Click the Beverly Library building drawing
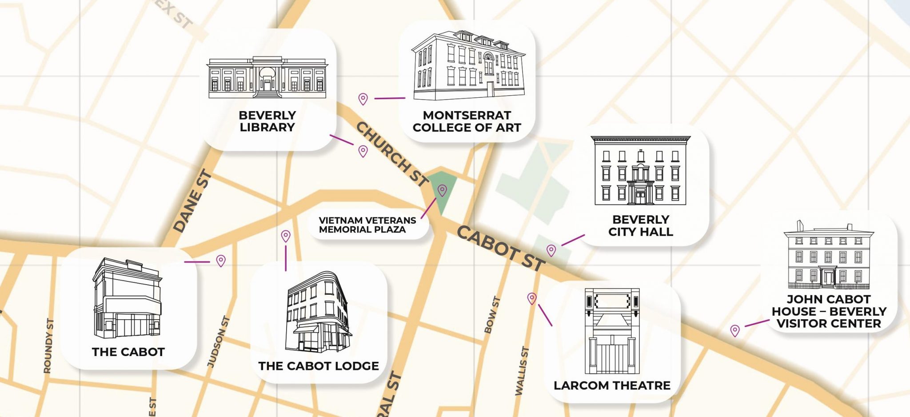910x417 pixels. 267,77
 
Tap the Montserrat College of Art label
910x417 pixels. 467,121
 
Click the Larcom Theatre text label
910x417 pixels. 612,385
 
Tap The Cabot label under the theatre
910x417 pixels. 128,352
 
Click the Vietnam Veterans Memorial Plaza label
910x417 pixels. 367,225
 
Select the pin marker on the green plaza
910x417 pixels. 442,190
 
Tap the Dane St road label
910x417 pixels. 192,201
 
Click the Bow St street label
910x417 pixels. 492,315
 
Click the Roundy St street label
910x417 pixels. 48,346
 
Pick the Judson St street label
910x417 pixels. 219,341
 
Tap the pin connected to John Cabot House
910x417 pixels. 735,330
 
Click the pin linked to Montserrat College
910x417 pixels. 363,99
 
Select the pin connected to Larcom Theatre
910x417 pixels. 532,298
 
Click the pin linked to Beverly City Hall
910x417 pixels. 551,250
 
